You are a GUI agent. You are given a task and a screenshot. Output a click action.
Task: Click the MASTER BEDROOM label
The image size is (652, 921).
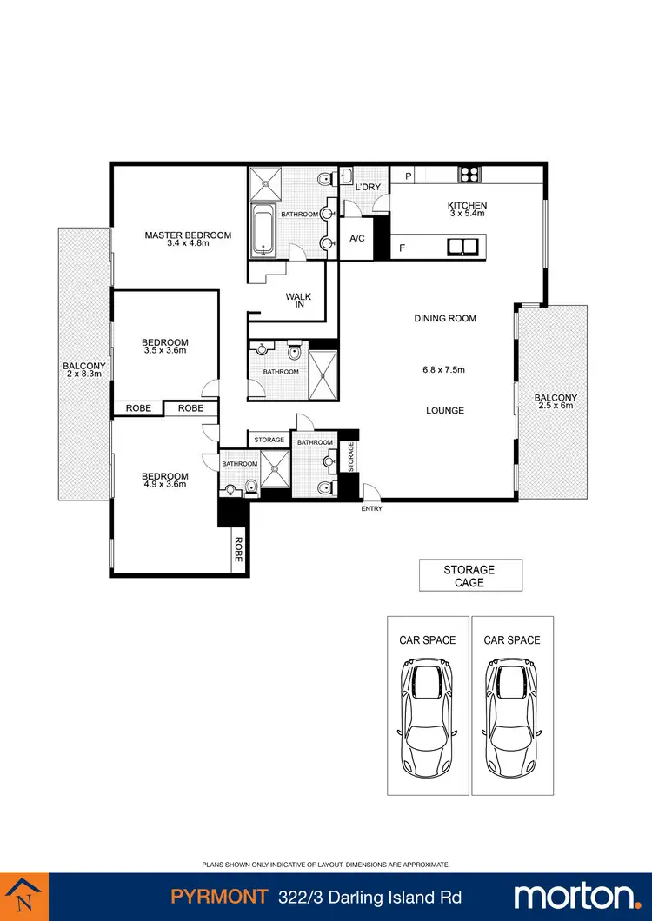[x=188, y=235]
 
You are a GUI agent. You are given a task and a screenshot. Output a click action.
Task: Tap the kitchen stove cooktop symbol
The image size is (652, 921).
[x=469, y=174]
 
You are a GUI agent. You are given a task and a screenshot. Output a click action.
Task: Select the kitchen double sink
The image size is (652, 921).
[x=462, y=248]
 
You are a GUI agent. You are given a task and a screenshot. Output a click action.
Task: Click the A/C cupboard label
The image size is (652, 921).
[x=356, y=239]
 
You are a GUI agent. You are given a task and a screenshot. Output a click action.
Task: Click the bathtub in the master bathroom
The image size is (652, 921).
[x=263, y=230]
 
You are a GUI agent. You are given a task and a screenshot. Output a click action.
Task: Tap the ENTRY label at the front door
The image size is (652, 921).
[x=371, y=508]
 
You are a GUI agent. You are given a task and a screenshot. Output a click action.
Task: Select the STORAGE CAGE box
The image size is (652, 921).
[x=469, y=576]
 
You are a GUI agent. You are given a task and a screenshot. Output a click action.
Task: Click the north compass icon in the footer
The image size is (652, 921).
[x=25, y=897]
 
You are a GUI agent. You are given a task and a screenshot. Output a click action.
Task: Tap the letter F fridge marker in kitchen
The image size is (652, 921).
[x=403, y=248]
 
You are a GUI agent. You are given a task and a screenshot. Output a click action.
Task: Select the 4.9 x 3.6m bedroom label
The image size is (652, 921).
[x=165, y=481]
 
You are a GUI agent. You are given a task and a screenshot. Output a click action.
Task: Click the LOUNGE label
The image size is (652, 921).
[x=444, y=410]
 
